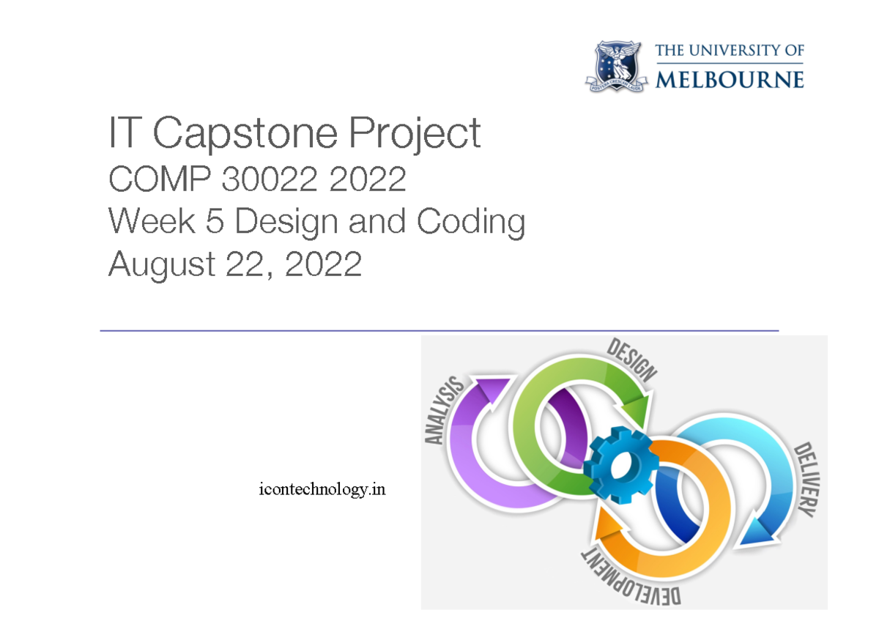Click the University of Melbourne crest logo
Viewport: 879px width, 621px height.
(x=617, y=66)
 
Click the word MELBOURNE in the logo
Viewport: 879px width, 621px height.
(x=730, y=78)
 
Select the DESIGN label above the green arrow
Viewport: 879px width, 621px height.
(x=631, y=361)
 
